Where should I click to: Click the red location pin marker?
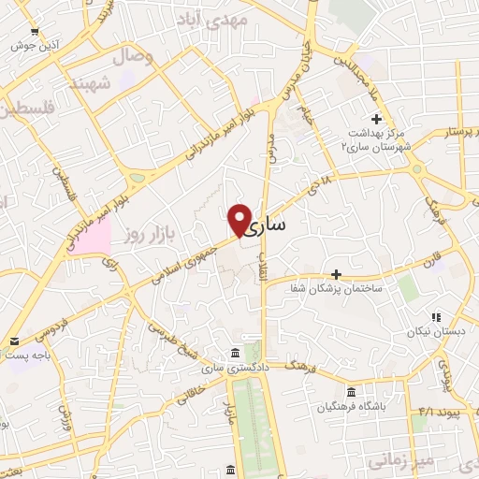coord(239,220)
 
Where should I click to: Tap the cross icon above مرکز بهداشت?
coord(376,119)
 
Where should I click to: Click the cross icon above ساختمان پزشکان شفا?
coord(336,274)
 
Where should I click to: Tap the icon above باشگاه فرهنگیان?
coord(351,391)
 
